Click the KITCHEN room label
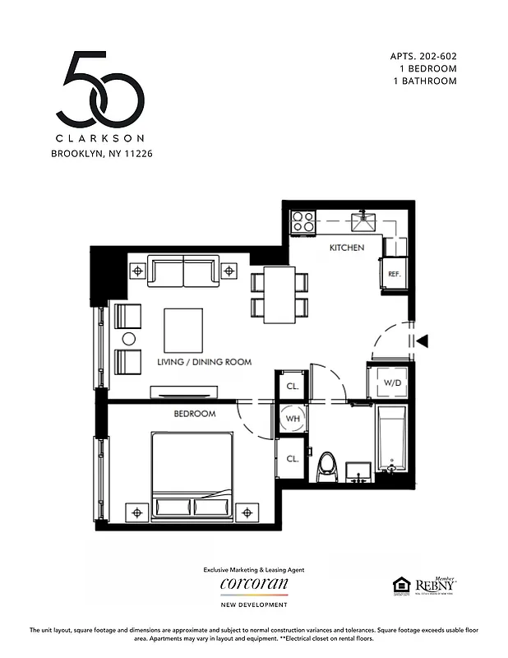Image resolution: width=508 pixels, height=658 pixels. (x=346, y=248)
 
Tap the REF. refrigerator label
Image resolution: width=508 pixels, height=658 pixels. (x=393, y=274)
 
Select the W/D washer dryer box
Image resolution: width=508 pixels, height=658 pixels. (x=393, y=382)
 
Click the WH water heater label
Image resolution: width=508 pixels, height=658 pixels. (x=292, y=419)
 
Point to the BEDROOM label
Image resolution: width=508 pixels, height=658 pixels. (x=194, y=414)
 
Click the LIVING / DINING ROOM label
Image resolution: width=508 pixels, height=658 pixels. (x=204, y=362)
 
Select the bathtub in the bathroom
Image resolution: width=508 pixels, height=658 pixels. (x=392, y=441)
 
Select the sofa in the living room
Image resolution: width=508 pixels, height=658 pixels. (x=183, y=271)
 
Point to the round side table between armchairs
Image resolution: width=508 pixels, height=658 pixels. (x=128, y=339)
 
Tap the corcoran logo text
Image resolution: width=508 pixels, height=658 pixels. (x=254, y=583)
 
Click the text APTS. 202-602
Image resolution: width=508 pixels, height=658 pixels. (x=423, y=57)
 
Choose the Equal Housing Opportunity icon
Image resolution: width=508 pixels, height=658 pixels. (x=400, y=585)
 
